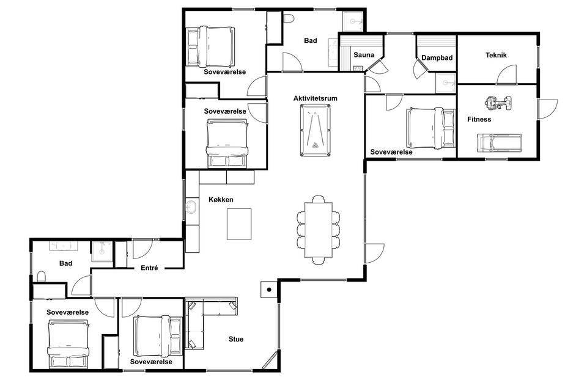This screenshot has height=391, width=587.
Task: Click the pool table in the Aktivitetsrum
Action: click(316, 131)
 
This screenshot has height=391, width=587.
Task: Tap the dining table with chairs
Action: click(319, 230)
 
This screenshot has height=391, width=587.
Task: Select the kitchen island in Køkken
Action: click(239, 224)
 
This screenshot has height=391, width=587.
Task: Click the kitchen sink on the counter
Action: click(191, 206)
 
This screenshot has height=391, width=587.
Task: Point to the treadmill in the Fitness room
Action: click(499, 144)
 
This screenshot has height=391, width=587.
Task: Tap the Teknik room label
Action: click(496, 55)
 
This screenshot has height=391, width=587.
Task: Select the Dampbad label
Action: click(437, 57)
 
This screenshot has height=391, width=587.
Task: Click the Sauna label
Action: click(364, 55)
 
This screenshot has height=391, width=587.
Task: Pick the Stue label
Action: click(236, 339)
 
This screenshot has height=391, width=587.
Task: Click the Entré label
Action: click(149, 268)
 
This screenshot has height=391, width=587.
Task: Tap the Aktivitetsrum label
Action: click(316, 98)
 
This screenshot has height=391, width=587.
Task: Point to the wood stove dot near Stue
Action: click(269, 290)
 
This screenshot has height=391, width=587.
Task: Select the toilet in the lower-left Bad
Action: click(42, 277)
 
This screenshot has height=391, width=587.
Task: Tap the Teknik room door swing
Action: click(506, 74)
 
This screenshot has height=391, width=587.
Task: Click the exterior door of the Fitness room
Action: click(547, 109)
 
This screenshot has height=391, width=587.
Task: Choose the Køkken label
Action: click(221, 200)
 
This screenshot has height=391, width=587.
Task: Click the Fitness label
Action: click(479, 119)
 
